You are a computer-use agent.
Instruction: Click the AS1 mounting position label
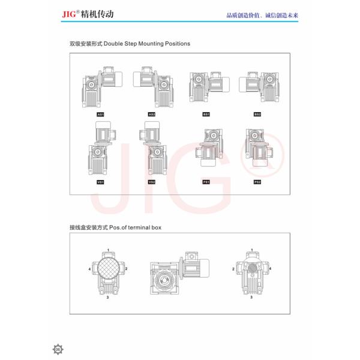coord(101,113)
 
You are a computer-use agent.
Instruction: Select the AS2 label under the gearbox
coord(152,113)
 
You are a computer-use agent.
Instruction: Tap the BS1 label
coord(206,113)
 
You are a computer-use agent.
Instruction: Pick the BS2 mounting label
coord(257,113)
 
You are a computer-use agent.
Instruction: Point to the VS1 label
coord(101,182)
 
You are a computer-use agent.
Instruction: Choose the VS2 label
coord(152,182)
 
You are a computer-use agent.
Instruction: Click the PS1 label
coord(206,182)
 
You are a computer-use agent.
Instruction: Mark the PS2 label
coord(257,182)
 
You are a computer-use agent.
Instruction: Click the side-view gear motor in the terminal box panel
coord(178,276)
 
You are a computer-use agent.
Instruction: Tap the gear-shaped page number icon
coord(58,349)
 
